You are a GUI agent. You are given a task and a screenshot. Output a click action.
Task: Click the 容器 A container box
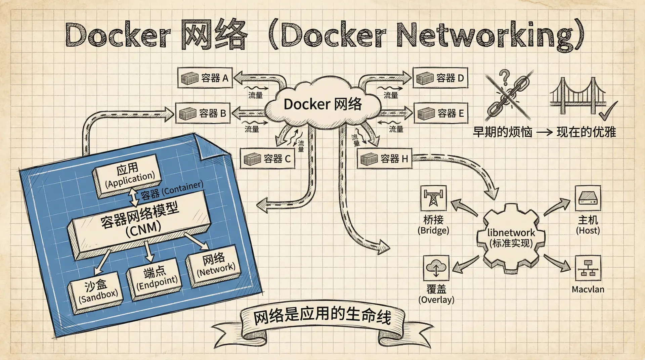[x=205, y=78]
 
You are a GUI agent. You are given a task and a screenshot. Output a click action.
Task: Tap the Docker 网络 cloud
[x=322, y=104]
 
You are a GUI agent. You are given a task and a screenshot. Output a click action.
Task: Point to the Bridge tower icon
[x=433, y=198]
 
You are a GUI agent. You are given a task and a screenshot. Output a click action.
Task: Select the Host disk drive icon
[x=588, y=198]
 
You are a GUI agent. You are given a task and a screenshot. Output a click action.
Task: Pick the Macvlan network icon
[x=588, y=268]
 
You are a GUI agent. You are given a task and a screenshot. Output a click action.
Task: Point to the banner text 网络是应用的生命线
[x=322, y=317]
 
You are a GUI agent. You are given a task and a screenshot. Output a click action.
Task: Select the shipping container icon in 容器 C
[x=252, y=159]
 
